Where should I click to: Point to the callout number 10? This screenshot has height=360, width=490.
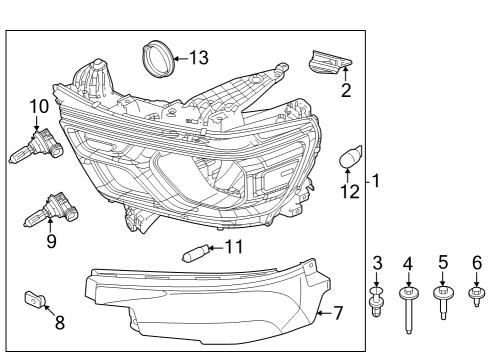tap(39, 106)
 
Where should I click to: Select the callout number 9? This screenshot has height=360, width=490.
tap(50, 241)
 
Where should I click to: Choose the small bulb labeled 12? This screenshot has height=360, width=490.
tap(351, 156)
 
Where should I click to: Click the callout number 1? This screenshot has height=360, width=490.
tap(376, 182)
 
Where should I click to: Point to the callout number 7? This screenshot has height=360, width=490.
tap(337, 313)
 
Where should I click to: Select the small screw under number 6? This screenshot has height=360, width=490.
tap(476, 295)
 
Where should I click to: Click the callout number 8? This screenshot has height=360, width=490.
tap(59, 322)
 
